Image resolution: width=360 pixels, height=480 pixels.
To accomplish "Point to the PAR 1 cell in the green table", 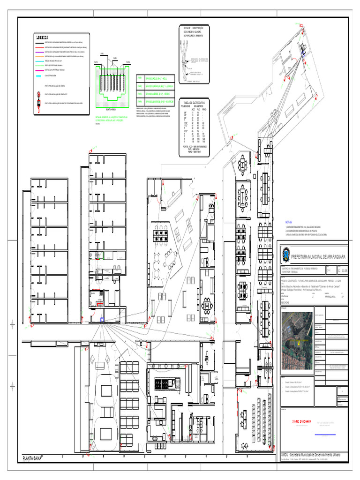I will coord(140,79).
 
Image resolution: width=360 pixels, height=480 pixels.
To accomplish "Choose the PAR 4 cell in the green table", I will coord(140,101).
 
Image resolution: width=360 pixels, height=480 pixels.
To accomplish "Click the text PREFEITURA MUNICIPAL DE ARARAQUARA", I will coord(318,257).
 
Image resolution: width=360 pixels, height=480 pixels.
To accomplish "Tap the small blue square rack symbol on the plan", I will coord(102,320).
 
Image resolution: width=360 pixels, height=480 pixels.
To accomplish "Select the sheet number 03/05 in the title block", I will coord(345,270).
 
